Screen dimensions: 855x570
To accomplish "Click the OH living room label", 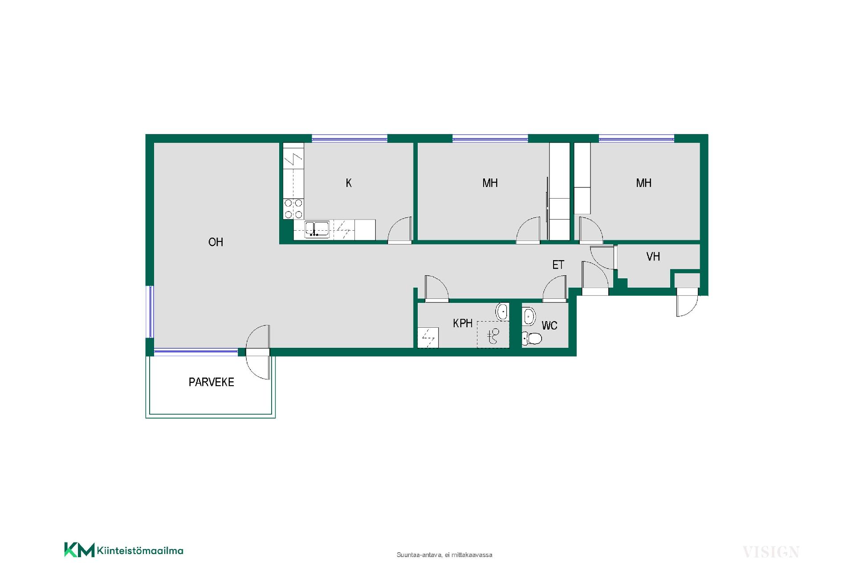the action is coord(216,242).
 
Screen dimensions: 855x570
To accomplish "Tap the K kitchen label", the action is coord(349,183).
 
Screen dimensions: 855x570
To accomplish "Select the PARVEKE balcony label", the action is coord(211,382).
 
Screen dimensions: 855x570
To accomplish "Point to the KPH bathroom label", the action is coord(463,323).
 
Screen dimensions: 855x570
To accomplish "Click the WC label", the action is coord(550,326).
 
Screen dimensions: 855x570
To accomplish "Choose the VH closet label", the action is coord(653,256).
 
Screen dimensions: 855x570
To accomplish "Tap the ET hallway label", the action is coord(558,265).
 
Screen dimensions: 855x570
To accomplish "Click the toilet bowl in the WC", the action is coord(532,338).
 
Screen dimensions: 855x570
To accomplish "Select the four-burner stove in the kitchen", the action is coord(293,208).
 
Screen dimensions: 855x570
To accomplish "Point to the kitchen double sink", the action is coord(317,229).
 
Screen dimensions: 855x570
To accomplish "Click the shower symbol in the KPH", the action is coord(493,334).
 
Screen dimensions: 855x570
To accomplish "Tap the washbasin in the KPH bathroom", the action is coord(502,311).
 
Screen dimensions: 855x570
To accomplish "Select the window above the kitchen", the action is coord(350,138).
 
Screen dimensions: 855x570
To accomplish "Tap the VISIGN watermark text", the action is coord(771,552).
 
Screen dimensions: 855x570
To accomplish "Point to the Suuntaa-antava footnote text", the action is coord(444,555).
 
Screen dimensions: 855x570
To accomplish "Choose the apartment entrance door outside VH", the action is coord(687,302).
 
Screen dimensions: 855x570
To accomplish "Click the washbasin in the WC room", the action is coord(529,316).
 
